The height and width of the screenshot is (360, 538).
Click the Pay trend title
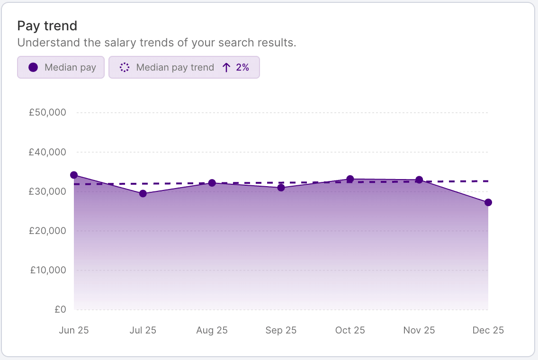click(47, 26)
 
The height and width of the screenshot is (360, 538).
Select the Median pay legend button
click(61, 67)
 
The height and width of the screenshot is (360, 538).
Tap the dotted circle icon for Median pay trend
click(125, 67)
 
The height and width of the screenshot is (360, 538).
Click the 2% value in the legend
click(242, 67)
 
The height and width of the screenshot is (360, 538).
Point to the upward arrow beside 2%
click(226, 67)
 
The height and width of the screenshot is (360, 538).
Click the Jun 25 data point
click(74, 175)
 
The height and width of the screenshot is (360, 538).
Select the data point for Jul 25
click(143, 194)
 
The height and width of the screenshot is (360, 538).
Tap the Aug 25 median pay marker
click(212, 183)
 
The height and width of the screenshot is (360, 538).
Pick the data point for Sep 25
click(281, 188)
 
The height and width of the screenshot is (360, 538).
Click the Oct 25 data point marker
click(350, 179)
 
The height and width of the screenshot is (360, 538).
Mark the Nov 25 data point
click(419, 180)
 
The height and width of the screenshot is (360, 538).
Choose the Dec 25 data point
click(488, 203)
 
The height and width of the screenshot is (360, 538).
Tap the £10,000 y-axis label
click(49, 270)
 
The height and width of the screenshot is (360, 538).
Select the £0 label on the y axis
click(60, 310)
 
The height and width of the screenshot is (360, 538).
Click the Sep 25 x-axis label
click(281, 330)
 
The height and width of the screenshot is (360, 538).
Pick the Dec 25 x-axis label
click(488, 330)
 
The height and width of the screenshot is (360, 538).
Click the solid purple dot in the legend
click(33, 67)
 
